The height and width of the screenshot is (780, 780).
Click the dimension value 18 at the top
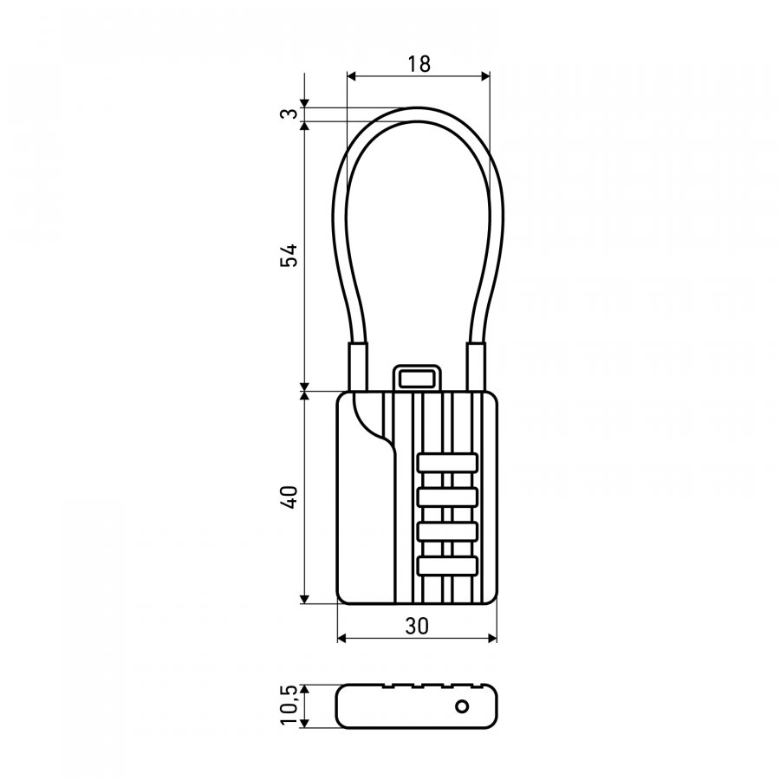[x=419, y=64]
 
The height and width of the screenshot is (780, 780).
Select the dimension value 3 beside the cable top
[x=290, y=114]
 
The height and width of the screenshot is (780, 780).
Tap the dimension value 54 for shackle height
[x=289, y=255]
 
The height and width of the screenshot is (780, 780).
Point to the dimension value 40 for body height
[x=289, y=497]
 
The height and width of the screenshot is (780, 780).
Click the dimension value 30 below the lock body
[x=417, y=627]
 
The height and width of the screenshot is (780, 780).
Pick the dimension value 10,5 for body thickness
[x=289, y=705]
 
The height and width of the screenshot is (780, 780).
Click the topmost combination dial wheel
[x=447, y=463]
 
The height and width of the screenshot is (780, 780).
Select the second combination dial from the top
[x=447, y=497]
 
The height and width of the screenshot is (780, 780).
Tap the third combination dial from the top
[x=447, y=531]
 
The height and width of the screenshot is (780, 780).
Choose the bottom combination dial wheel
[x=447, y=566]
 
